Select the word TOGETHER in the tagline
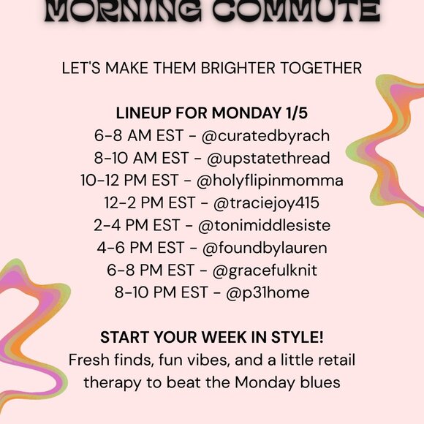pyautogui.click(x=327, y=68)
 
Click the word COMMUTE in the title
pyautogui.click(x=295, y=10)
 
